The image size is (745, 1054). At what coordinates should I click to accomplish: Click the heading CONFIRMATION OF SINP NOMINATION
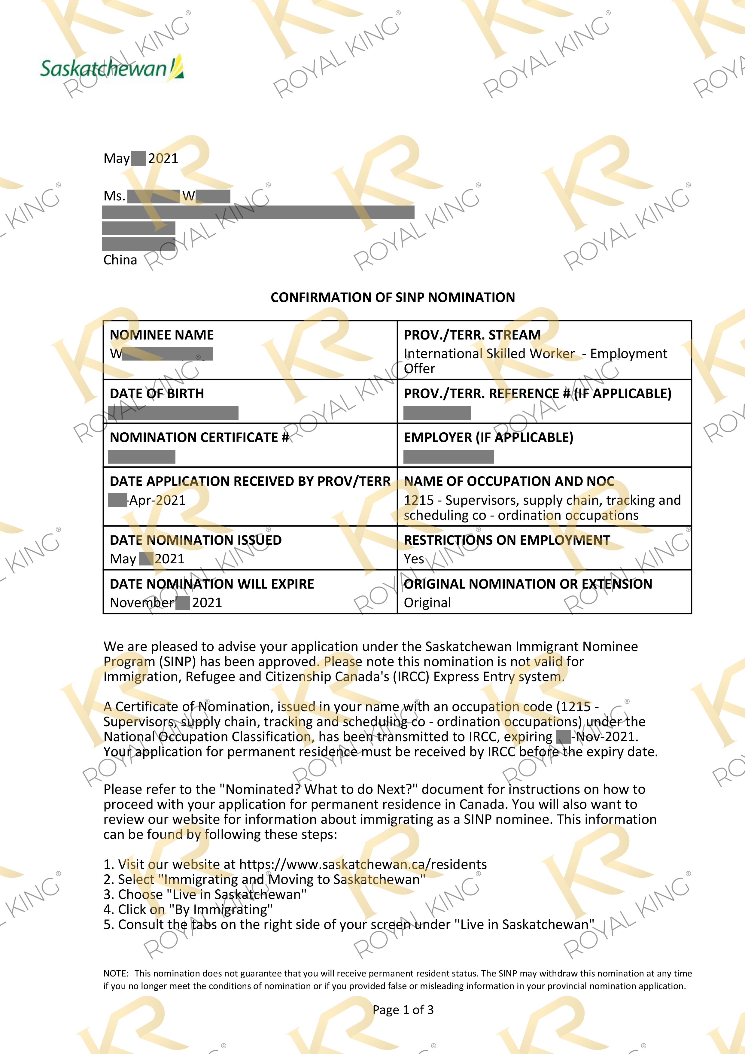(392, 297)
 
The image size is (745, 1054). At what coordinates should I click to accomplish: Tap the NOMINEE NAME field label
(162, 335)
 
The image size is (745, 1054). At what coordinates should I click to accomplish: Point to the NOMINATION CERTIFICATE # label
(199, 437)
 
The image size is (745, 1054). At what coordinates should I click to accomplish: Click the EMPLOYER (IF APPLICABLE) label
(488, 437)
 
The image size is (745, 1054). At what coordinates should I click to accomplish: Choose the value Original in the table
(427, 602)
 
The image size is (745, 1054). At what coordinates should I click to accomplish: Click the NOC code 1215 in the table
(418, 500)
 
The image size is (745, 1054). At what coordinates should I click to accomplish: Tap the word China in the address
(120, 260)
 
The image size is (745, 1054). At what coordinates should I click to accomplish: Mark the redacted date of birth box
(173, 413)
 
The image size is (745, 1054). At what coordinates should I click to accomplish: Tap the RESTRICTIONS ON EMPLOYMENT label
(507, 540)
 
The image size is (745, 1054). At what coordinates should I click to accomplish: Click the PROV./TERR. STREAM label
(472, 335)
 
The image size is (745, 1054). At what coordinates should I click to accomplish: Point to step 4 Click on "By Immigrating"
(188, 909)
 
